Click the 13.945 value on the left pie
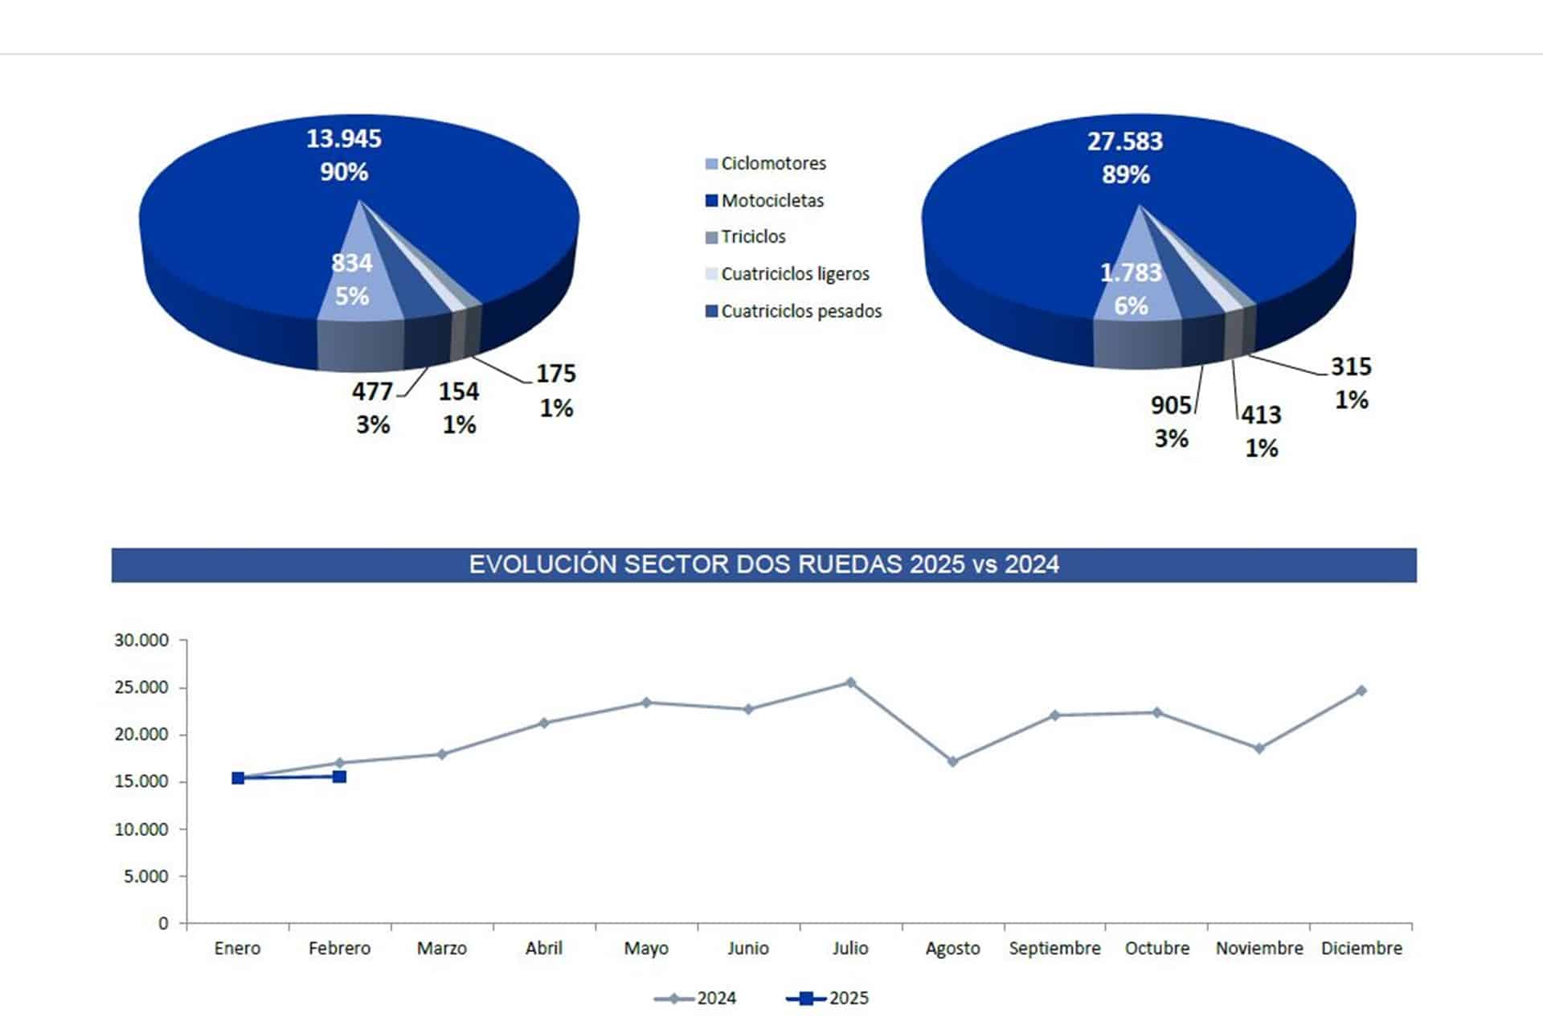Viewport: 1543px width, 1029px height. click(x=344, y=139)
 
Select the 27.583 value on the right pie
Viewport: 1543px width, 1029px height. click(x=1125, y=141)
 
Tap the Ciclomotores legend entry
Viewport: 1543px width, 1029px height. click(x=765, y=163)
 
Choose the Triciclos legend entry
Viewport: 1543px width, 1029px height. click(x=745, y=236)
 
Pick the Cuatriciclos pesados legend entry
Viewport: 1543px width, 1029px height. click(x=793, y=311)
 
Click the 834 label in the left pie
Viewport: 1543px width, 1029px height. click(x=352, y=263)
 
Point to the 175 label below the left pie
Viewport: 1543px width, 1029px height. click(x=556, y=374)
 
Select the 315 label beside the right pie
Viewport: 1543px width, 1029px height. click(x=1351, y=367)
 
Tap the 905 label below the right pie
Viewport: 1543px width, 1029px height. click(x=1171, y=405)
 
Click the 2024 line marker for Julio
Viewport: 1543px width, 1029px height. click(x=850, y=683)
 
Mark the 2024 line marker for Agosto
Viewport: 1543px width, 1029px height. click(x=952, y=761)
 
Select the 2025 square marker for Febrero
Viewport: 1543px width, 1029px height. click(x=340, y=777)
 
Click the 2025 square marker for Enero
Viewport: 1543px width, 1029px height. click(x=238, y=778)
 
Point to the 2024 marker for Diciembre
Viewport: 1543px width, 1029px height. click(x=1361, y=691)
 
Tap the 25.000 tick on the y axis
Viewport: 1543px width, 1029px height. click(x=141, y=687)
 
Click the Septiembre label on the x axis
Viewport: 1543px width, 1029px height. click(x=1054, y=949)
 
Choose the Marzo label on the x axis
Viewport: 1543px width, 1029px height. click(x=442, y=949)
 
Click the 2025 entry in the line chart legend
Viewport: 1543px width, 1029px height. click(x=828, y=998)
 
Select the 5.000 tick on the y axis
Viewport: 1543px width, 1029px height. click(x=146, y=876)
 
